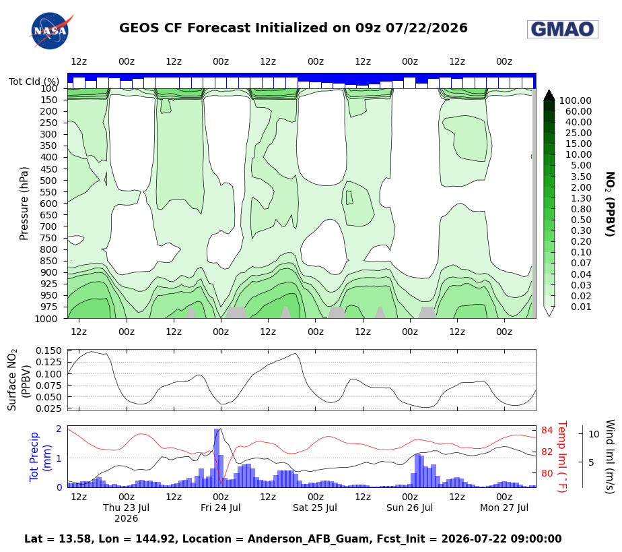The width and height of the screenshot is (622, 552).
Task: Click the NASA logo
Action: pos(50,31)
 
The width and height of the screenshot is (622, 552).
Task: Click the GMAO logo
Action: pos(563,29)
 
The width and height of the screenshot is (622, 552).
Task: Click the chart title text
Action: pos(293,28)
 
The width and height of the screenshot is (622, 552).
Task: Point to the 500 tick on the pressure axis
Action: pos(48,181)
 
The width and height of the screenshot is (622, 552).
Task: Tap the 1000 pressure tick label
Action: pos(46,319)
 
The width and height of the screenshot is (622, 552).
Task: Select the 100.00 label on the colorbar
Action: pos(575,100)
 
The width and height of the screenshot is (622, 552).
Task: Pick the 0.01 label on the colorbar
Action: pos(581,307)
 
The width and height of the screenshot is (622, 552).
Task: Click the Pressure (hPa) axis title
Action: pos(24,204)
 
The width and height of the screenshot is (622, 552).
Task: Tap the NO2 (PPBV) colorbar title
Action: pos(610,204)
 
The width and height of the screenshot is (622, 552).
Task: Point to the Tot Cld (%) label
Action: pos(34,82)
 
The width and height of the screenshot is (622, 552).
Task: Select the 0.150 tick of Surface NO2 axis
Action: pos(48,350)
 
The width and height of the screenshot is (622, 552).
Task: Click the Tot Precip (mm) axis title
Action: pos(40,457)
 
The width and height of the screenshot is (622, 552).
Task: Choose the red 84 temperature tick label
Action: pos(547,430)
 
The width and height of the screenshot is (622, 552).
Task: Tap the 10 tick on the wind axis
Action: pos(594,434)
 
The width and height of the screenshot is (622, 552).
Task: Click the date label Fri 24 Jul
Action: pos(221,508)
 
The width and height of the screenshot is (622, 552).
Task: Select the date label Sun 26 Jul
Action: pos(409,508)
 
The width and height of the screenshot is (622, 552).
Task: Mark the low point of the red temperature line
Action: pos(221,484)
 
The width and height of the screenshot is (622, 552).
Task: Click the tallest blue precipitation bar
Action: pos(217,458)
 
